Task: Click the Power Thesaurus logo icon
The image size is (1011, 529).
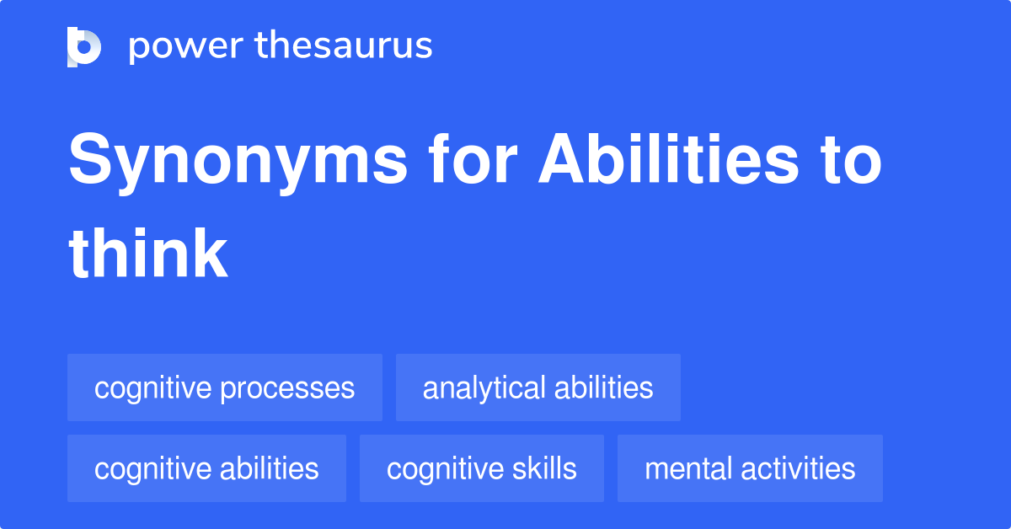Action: (84, 46)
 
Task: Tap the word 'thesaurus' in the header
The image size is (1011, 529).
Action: (344, 46)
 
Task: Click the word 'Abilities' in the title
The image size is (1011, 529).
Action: (667, 163)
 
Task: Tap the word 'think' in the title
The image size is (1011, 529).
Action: (148, 254)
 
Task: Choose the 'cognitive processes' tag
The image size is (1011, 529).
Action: (225, 387)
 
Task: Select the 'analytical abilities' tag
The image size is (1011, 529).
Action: (538, 387)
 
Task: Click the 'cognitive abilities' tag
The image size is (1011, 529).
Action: (206, 468)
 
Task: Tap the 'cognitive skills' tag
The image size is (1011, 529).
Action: (481, 468)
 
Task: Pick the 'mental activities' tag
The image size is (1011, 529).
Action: (750, 468)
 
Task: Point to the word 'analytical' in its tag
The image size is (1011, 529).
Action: (484, 387)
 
